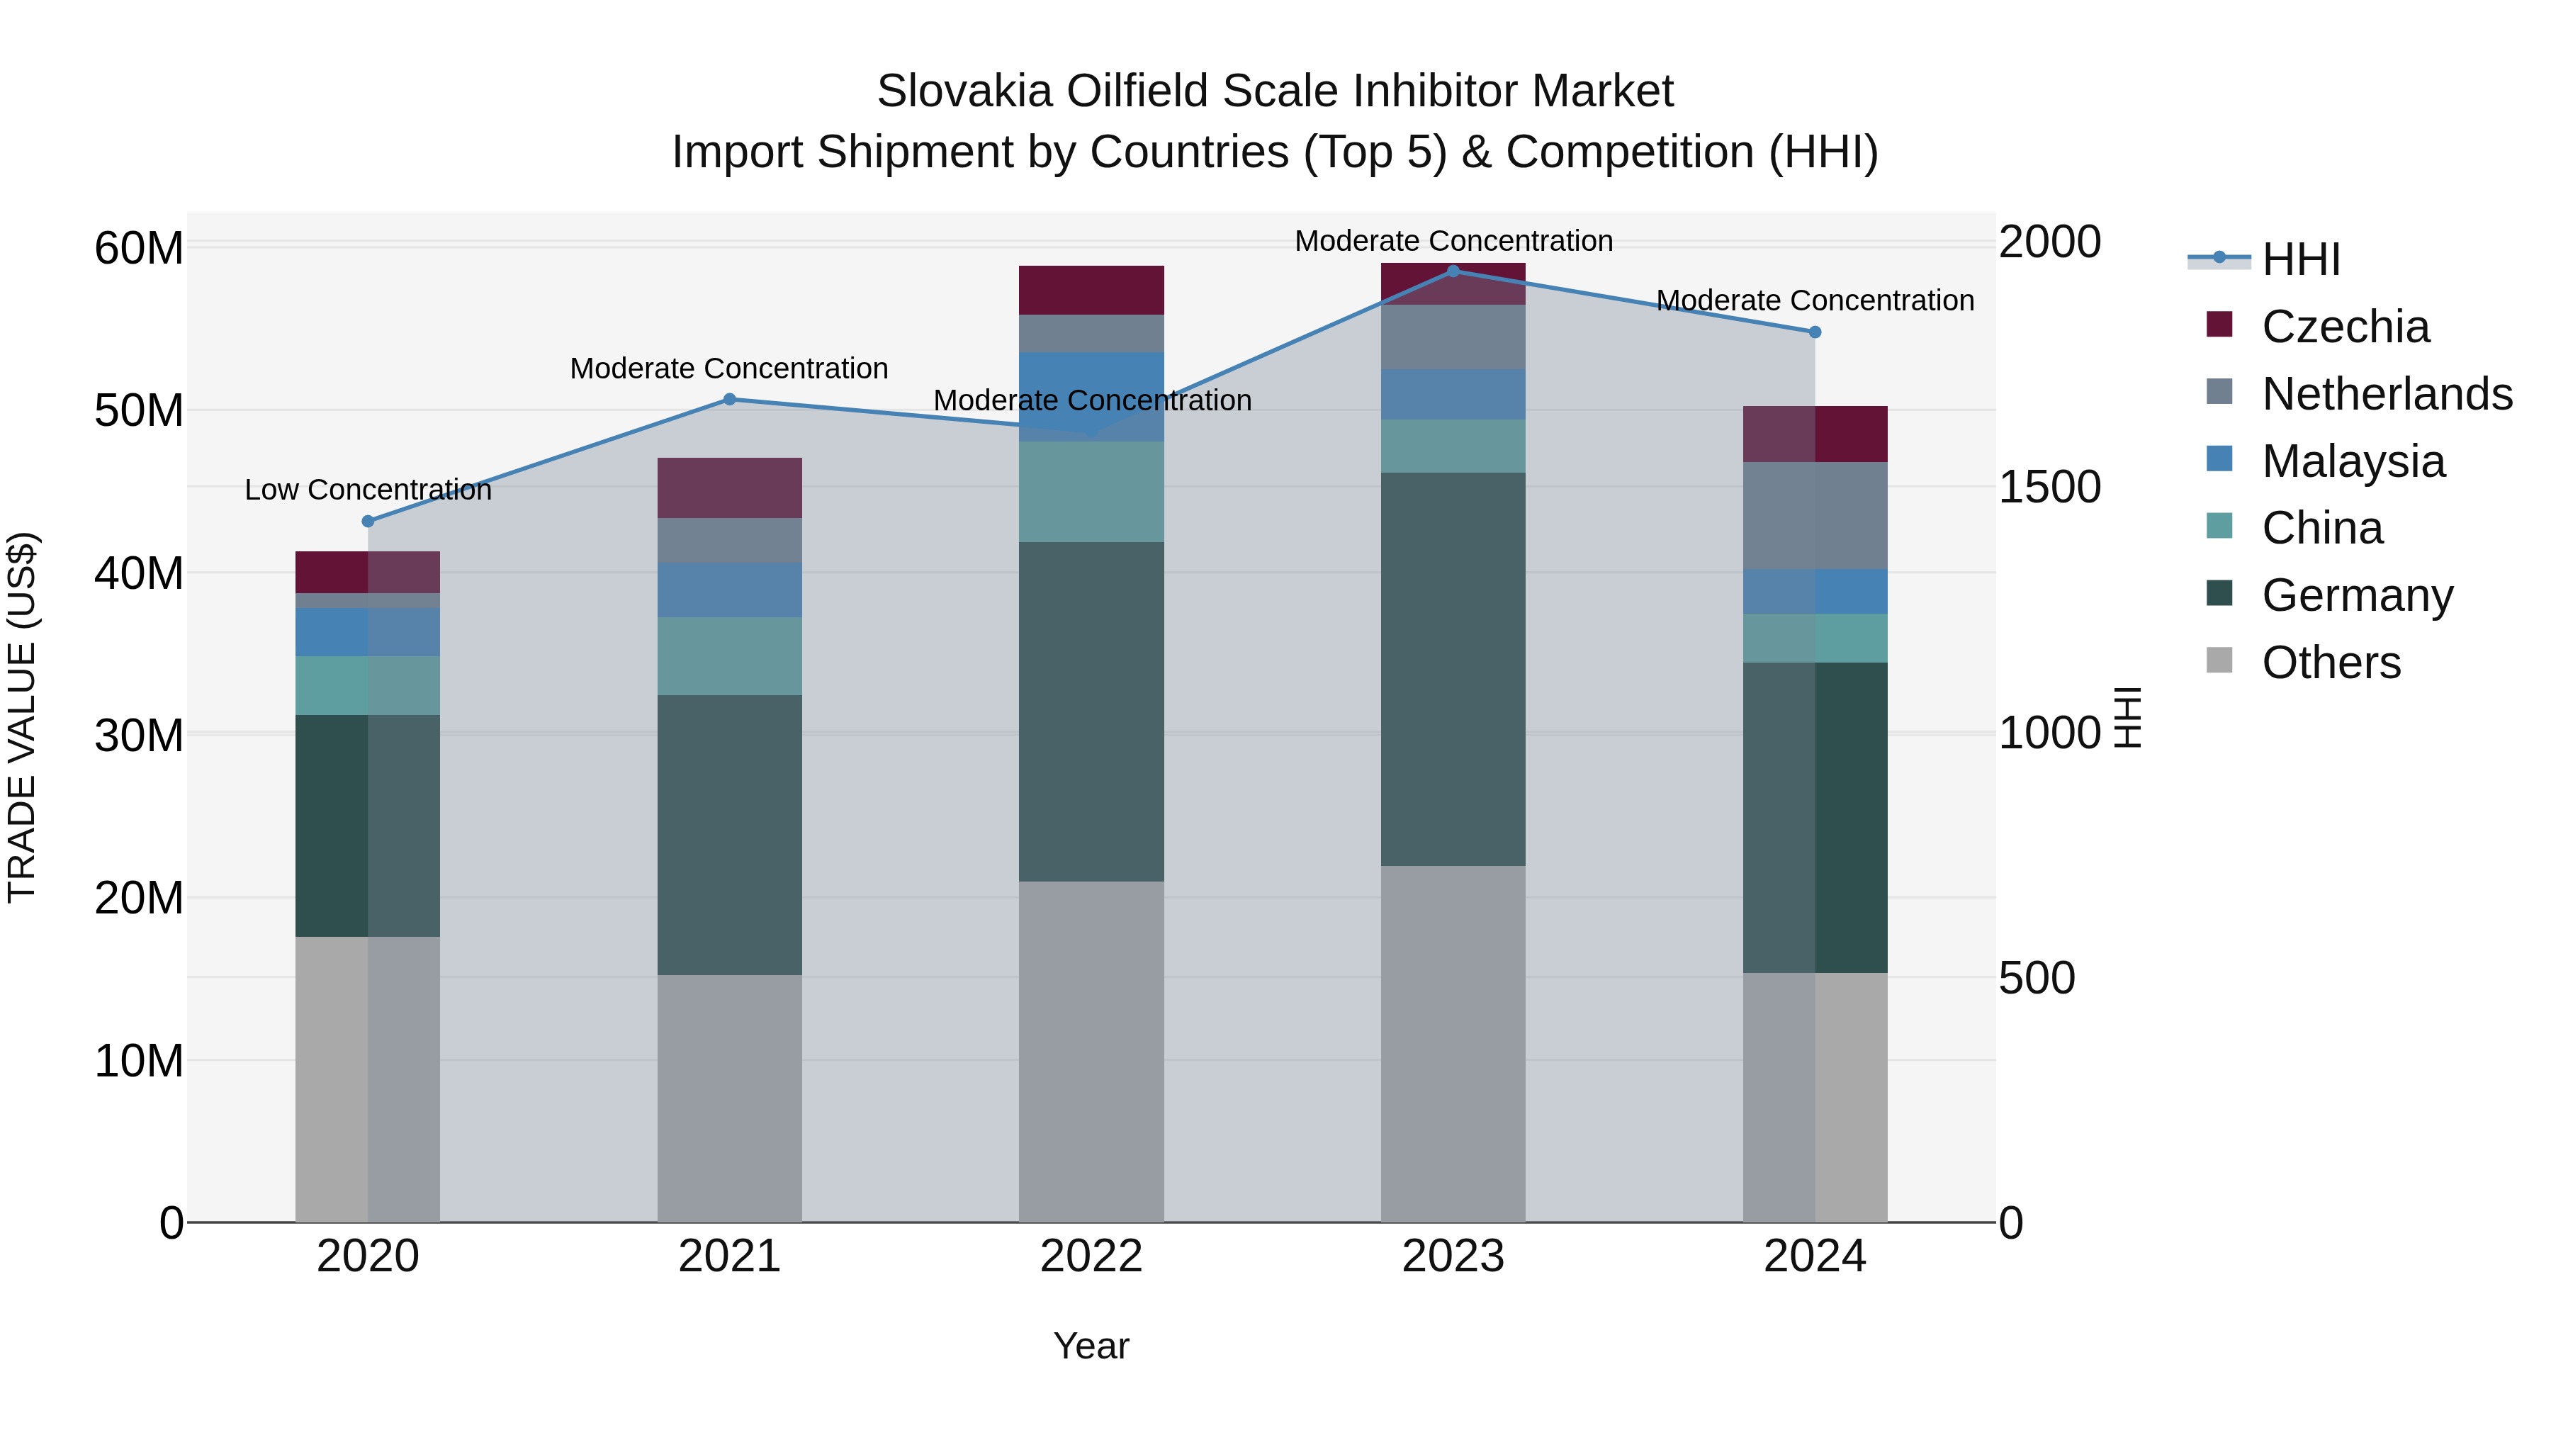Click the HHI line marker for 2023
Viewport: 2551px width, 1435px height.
pos(1453,271)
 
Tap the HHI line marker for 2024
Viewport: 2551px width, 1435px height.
pos(1814,332)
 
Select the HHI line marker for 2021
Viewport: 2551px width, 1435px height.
pos(729,399)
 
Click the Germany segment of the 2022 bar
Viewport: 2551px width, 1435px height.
pos(1091,711)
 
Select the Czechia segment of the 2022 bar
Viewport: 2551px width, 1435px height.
pos(1091,289)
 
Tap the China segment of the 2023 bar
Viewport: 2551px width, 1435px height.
pos(1453,446)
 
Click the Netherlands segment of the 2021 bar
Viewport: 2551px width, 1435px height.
pos(729,540)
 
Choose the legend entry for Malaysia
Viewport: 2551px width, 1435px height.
pos(2353,461)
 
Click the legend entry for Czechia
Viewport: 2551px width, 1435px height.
pos(2345,326)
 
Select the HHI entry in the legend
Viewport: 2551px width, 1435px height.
pos(2300,259)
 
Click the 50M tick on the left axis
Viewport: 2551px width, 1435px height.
pos(139,410)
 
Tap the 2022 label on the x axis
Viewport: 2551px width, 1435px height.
pos(1091,1256)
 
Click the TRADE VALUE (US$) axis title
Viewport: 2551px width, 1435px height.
pos(22,717)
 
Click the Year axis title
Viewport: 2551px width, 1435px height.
pos(1091,1346)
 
